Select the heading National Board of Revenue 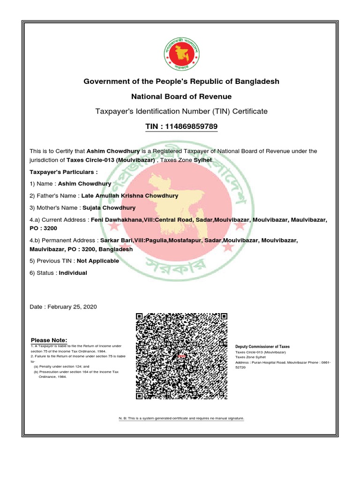click(181, 97)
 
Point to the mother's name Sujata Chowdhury click(109, 208)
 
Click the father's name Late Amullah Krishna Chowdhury click(130, 195)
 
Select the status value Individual click(73, 273)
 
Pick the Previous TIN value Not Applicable click(97, 261)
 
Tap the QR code click(181, 356)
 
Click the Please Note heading click(49, 340)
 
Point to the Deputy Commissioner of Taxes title click(262, 346)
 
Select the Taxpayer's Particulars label click(64, 172)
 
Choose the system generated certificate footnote click(181, 417)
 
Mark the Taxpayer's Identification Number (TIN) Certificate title click(181, 112)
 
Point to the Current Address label click(59, 220)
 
